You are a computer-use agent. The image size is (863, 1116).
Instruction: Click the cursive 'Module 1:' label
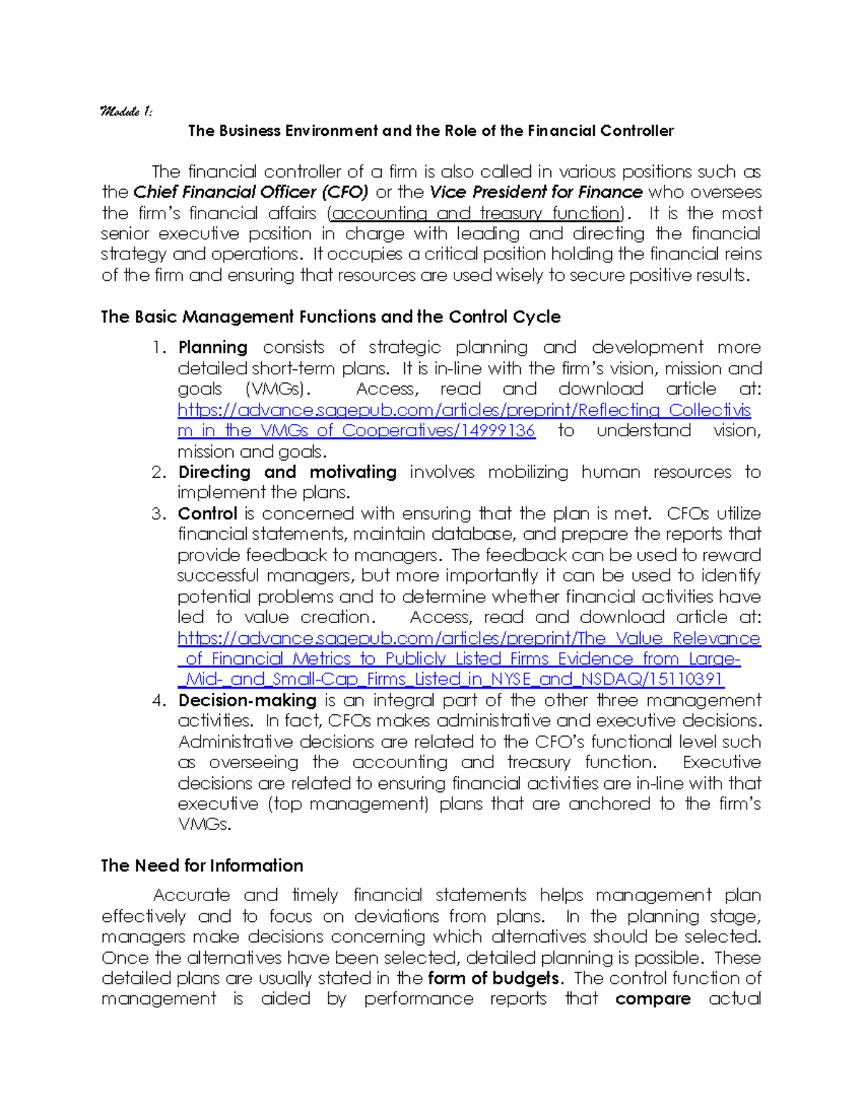(x=127, y=111)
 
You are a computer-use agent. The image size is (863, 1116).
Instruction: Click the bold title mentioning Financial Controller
(x=431, y=131)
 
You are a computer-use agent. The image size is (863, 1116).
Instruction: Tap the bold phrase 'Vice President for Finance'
(x=536, y=192)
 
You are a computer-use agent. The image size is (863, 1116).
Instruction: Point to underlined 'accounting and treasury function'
(x=475, y=213)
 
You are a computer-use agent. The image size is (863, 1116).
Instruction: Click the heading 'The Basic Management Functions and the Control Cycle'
(x=331, y=317)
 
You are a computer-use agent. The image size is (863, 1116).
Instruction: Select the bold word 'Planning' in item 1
(x=213, y=347)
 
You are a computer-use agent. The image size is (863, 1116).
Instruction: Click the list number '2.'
(x=159, y=472)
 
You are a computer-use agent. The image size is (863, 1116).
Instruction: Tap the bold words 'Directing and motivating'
(x=287, y=472)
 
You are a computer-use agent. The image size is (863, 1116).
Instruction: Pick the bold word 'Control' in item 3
(x=207, y=514)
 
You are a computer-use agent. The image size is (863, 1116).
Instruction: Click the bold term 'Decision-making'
(x=247, y=700)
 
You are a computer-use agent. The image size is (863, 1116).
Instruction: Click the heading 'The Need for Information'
(x=202, y=865)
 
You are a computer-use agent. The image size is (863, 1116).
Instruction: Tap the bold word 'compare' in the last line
(x=653, y=999)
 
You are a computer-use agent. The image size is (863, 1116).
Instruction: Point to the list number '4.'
(x=159, y=700)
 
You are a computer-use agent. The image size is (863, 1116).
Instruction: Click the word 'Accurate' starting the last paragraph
(x=191, y=895)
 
